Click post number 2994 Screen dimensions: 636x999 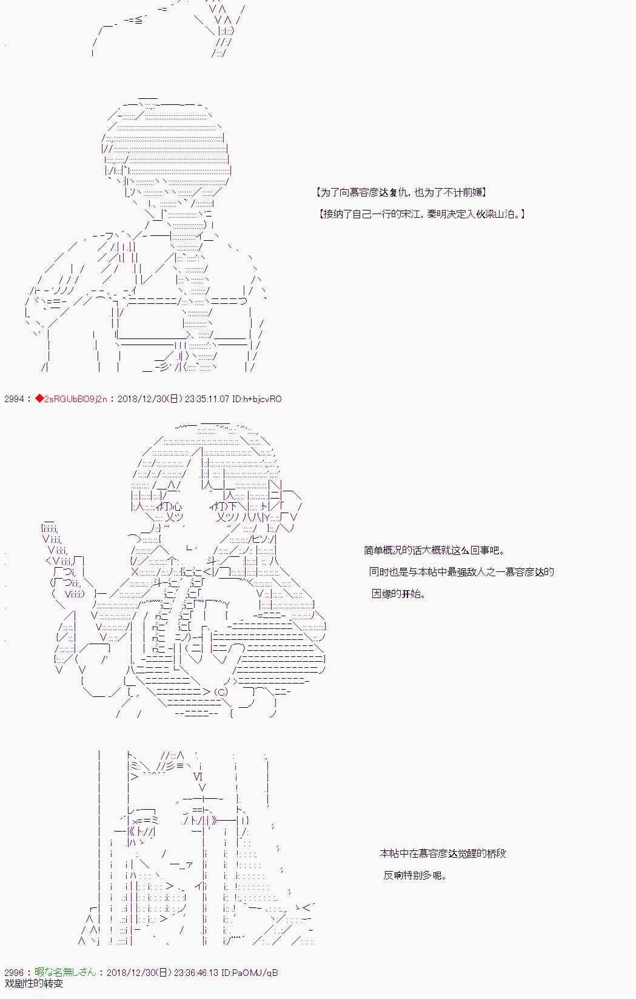point(14,399)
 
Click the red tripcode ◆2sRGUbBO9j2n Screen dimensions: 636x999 point(71,399)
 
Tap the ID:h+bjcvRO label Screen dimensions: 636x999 point(257,399)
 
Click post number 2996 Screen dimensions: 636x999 point(14,972)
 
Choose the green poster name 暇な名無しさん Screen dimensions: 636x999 point(65,972)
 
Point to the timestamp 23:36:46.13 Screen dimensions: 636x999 point(196,972)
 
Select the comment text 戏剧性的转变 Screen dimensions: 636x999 point(34,983)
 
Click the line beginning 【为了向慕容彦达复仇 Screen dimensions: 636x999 point(401,192)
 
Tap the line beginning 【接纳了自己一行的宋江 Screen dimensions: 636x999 point(422,214)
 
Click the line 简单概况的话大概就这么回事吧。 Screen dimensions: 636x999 point(434,550)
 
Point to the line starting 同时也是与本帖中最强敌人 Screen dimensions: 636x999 point(461,572)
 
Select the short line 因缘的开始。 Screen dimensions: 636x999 point(398,594)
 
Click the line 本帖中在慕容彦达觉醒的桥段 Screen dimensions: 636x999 point(443,853)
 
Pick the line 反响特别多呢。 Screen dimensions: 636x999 point(415,875)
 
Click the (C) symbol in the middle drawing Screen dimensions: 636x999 point(221,692)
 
